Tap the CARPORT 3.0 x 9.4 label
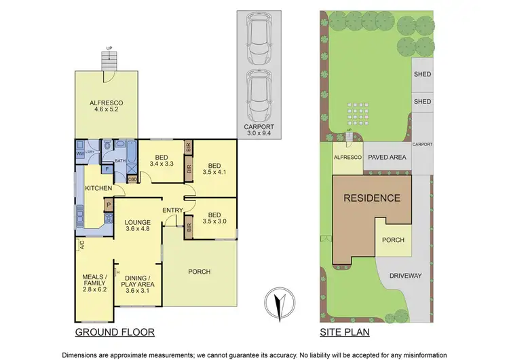coord(257,130)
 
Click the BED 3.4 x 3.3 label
coord(161,159)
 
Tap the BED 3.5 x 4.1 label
coord(214,169)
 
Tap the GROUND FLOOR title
coord(115,333)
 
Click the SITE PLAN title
coord(344,333)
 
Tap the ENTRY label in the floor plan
coord(172,210)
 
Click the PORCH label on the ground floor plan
coord(200,271)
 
